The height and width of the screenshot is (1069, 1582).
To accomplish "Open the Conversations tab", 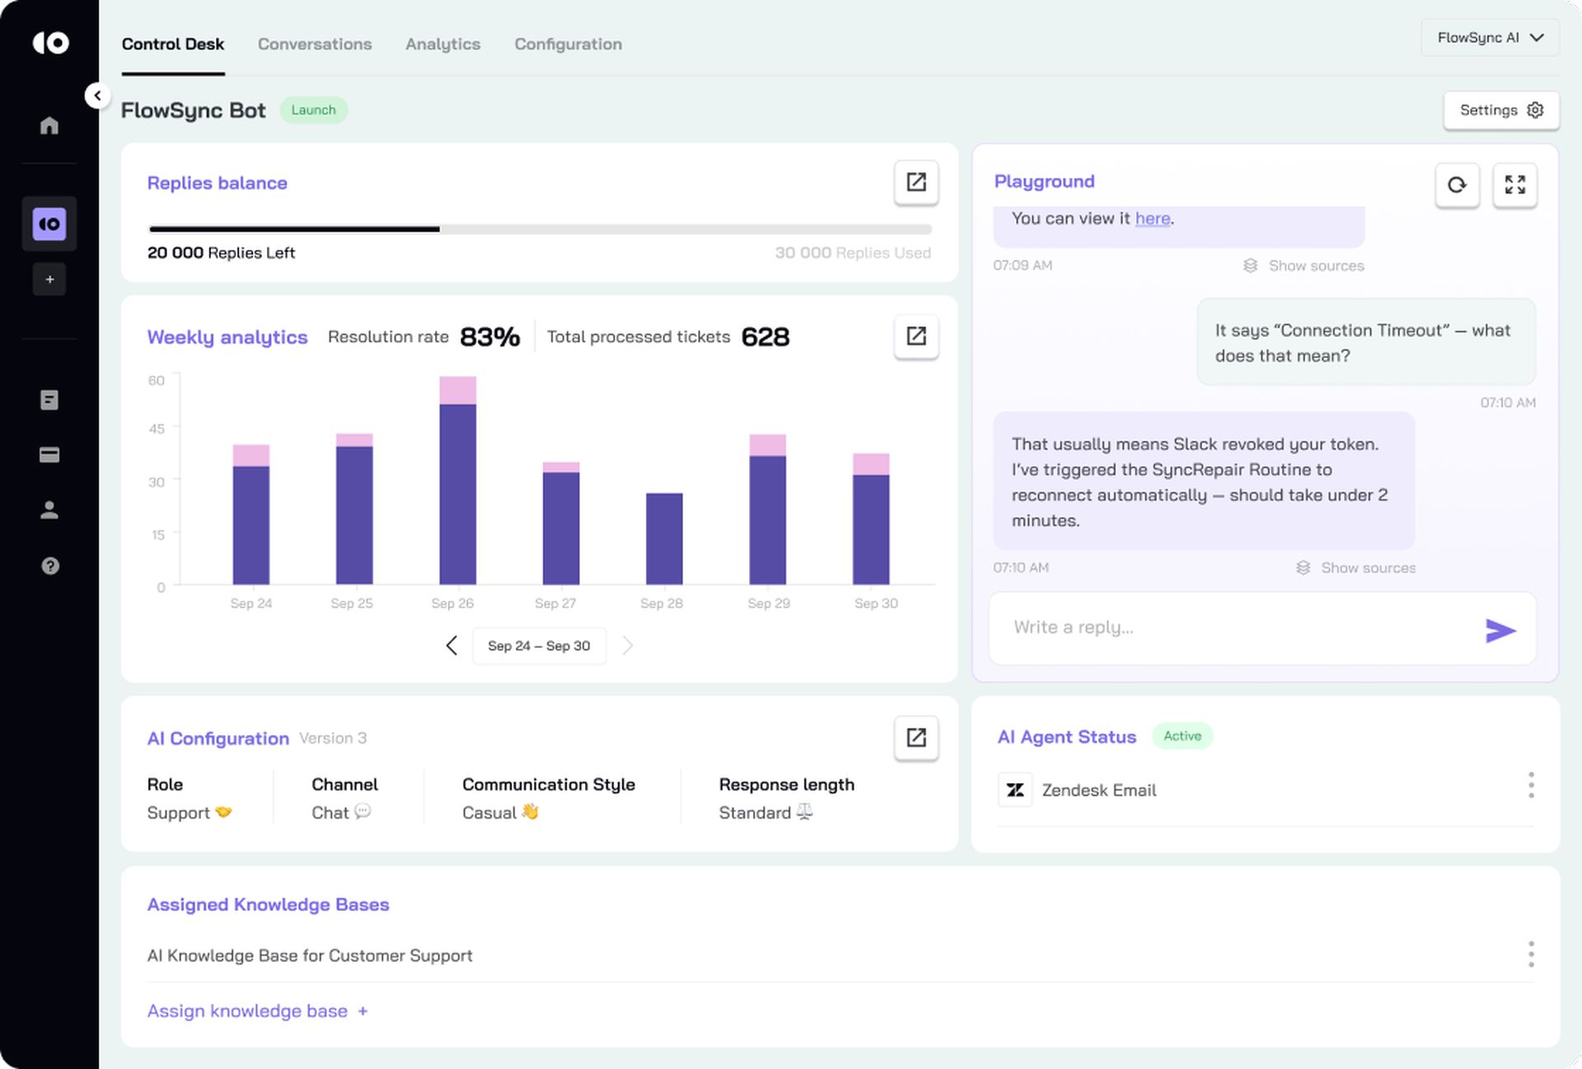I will point(314,45).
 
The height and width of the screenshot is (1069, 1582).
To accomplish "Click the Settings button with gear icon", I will point(1500,110).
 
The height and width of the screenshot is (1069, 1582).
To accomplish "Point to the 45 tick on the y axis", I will point(157,429).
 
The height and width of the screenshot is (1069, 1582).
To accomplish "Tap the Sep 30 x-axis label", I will point(876,603).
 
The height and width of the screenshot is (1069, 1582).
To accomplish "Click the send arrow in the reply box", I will point(1500,631).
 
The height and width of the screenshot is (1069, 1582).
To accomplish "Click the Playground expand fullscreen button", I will point(1514,185).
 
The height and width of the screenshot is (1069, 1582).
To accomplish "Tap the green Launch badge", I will point(313,110).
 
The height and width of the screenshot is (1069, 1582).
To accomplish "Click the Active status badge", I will point(1182,736).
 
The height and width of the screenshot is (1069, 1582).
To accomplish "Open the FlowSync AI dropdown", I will point(1490,38).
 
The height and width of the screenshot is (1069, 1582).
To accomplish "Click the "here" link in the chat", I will point(1152,218).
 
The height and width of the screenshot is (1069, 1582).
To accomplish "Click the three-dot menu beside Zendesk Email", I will point(1531,785).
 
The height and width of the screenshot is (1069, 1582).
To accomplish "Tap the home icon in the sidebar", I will point(49,125).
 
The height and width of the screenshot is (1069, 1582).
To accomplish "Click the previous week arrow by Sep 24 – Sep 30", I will point(452,645).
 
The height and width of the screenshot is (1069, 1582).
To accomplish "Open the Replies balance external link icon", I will point(916,182).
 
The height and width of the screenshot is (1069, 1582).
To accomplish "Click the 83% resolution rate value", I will point(489,337).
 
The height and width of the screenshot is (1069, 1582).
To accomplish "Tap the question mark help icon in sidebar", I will point(49,565).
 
